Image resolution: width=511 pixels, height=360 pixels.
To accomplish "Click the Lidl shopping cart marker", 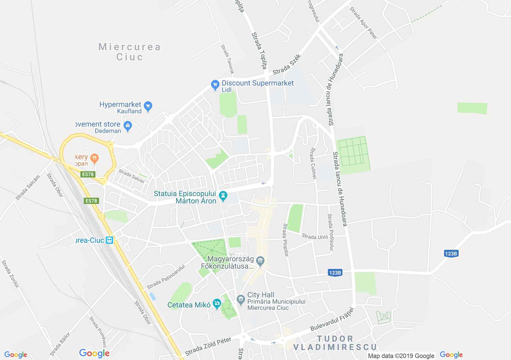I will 215,85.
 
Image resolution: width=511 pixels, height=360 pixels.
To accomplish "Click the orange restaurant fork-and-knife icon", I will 95,158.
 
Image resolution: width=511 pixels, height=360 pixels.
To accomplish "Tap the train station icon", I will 109,240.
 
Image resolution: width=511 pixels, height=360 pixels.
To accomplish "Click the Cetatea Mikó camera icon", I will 217,303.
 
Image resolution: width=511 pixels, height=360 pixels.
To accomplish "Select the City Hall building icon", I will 241,299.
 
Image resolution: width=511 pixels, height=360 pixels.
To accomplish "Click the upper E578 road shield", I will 88,174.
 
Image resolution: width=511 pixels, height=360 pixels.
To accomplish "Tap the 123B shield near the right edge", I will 451,254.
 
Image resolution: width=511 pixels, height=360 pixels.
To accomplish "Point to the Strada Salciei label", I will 131,176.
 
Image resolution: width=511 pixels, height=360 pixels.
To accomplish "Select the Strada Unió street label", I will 315,236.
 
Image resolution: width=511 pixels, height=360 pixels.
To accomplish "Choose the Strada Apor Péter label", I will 363,23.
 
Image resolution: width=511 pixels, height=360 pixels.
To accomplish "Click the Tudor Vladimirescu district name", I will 335,343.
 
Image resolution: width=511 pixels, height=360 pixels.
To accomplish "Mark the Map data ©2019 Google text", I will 401,356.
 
